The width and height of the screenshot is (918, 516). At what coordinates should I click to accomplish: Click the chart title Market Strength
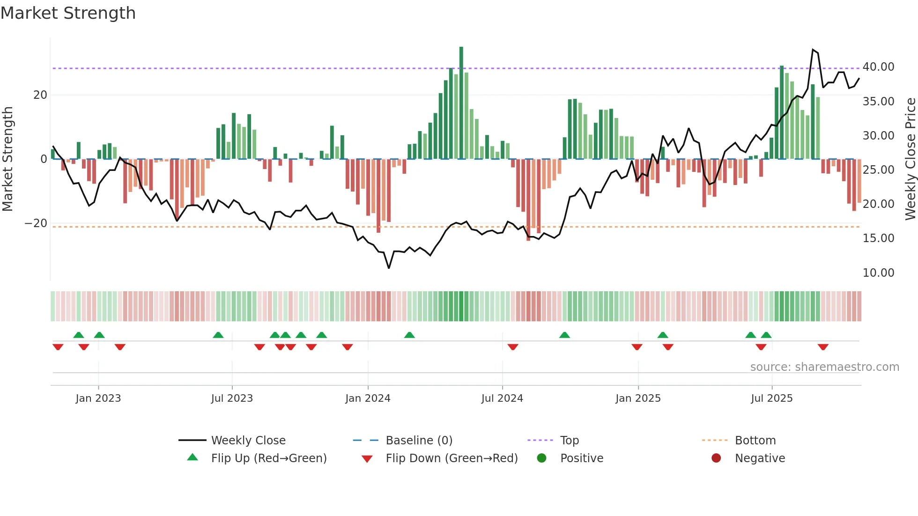pyautogui.click(x=68, y=13)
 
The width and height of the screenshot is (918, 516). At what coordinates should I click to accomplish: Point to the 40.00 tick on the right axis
pyautogui.click(x=878, y=67)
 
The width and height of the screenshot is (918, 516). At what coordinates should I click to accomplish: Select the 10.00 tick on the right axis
pyautogui.click(x=878, y=273)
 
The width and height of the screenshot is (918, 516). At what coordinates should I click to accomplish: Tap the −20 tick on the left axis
pyautogui.click(x=36, y=223)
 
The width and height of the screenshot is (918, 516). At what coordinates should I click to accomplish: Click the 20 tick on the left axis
pyautogui.click(x=40, y=95)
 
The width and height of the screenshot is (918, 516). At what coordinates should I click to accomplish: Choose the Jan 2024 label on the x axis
pyautogui.click(x=368, y=398)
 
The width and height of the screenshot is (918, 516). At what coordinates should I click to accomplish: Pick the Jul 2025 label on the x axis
pyautogui.click(x=771, y=398)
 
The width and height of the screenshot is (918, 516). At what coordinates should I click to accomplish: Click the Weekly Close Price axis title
pyautogui.click(x=910, y=159)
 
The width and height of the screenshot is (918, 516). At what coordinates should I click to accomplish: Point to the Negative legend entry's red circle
pyautogui.click(x=716, y=458)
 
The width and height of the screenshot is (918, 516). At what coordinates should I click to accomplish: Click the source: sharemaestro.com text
pyautogui.click(x=824, y=367)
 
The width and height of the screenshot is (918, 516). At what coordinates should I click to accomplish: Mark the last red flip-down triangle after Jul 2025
pyautogui.click(x=823, y=347)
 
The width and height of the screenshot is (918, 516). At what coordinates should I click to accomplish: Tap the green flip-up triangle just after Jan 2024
pyautogui.click(x=409, y=335)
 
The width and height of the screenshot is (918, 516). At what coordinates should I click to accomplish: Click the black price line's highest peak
pyautogui.click(x=813, y=49)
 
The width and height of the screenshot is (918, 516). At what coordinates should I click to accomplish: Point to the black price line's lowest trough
pyautogui.click(x=389, y=268)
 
